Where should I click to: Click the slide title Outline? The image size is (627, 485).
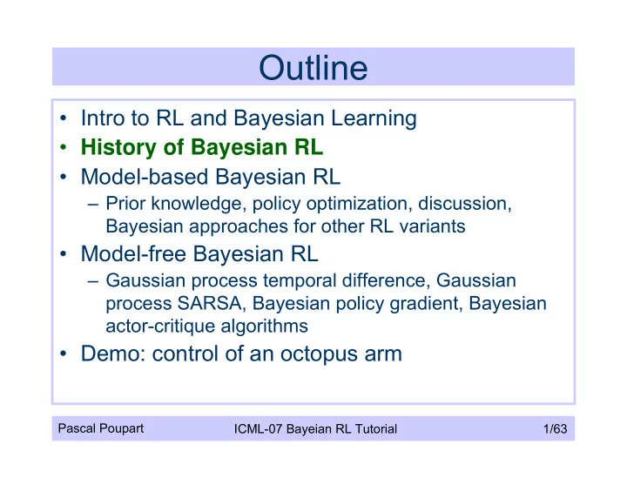point(313,68)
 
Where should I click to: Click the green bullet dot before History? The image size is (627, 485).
point(63,147)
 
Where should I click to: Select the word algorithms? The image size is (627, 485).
point(265,327)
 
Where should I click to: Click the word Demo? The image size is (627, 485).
point(113,354)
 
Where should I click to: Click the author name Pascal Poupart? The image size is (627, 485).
point(101,428)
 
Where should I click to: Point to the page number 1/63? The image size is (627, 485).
point(555,428)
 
